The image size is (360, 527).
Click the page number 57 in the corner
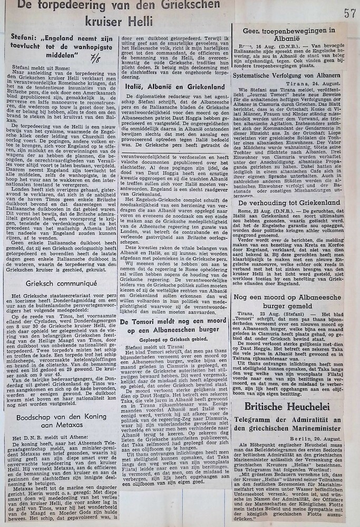point(350,13)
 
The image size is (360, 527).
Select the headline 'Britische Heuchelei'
point(287,392)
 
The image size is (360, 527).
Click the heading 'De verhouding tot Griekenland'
point(289,202)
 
